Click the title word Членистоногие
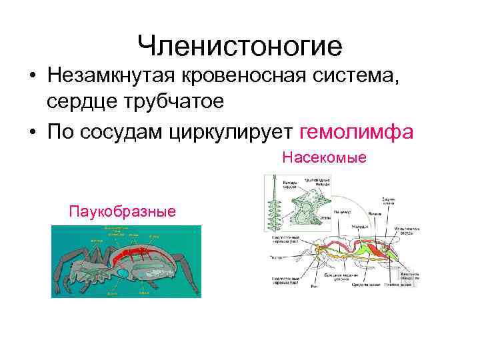coord(239,46)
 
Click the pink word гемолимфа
coord(357,132)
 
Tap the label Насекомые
coord(325,157)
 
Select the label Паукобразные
coord(123,212)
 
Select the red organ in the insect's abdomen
coord(377,250)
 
